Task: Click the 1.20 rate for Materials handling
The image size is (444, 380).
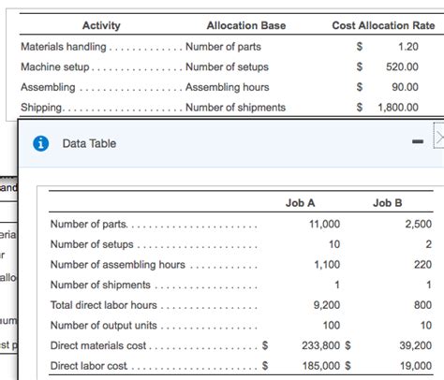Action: pos(407,46)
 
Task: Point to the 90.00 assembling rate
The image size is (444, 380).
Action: pos(405,88)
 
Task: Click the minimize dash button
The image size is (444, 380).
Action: pos(417,143)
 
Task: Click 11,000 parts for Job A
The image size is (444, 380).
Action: pos(324,224)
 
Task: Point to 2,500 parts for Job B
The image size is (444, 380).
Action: pos(418,224)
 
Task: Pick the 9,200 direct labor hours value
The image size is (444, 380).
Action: pos(327,305)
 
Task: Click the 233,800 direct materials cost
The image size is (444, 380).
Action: pos(318,345)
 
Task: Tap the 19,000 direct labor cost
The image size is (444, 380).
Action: pos(415,366)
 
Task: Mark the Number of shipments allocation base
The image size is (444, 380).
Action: pos(233,108)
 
